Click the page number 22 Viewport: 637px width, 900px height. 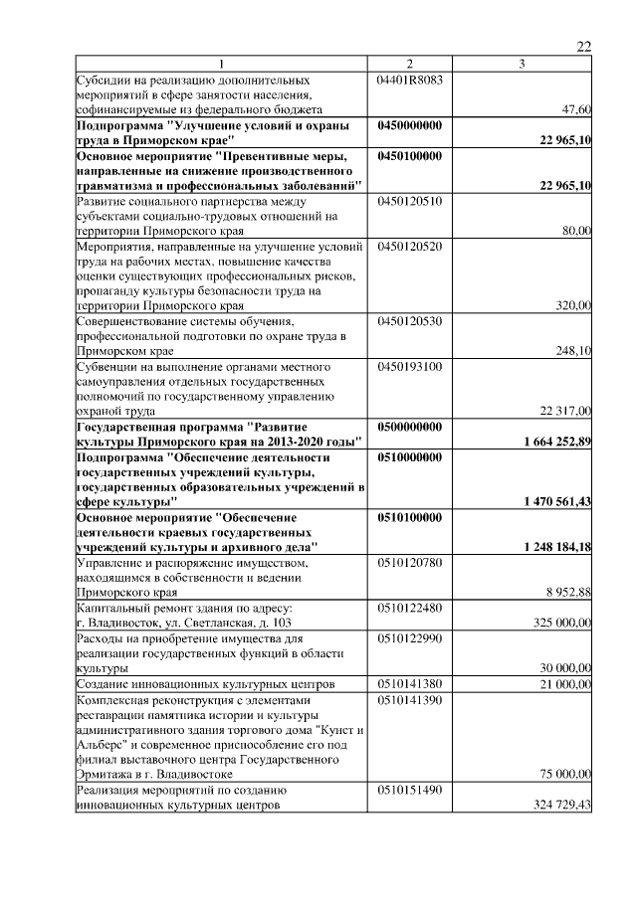(x=584, y=46)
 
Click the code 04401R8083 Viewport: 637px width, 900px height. (x=410, y=78)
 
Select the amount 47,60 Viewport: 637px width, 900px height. (x=576, y=109)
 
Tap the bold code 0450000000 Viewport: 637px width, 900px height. (x=410, y=125)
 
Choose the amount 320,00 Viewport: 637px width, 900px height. (x=572, y=305)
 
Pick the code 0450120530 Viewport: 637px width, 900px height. (x=410, y=321)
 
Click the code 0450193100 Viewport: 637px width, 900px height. (x=410, y=366)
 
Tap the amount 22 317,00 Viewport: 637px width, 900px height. (x=565, y=411)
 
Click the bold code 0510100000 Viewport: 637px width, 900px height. (x=410, y=518)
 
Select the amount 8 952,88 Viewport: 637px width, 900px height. (x=568, y=593)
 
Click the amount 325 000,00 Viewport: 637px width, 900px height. (x=561, y=623)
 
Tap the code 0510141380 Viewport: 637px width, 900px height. (x=410, y=684)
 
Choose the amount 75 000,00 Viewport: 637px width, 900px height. (x=564, y=774)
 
